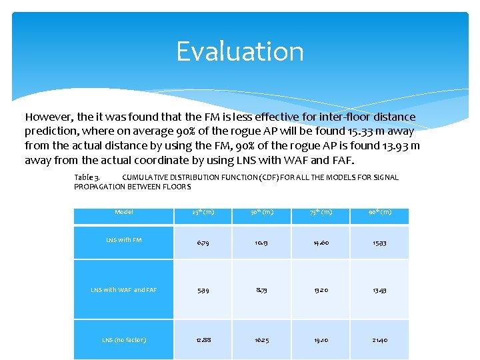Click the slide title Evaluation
coord(240,52)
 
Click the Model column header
coord(123,212)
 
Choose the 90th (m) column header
coord(379,212)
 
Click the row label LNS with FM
coord(123,240)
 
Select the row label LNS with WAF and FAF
coord(123,290)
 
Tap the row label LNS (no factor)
coord(123,340)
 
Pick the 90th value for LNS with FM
coord(379,243)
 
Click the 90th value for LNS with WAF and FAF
coord(379,290)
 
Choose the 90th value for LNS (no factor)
coord(379,340)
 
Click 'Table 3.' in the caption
coord(87,177)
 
